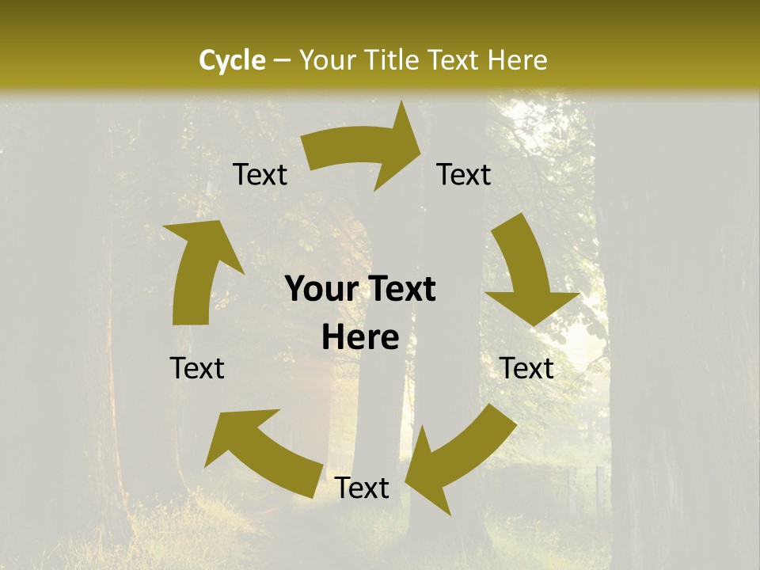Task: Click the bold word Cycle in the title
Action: point(232,60)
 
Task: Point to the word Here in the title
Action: point(517,60)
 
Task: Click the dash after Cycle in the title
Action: point(282,61)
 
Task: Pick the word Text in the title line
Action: point(455,60)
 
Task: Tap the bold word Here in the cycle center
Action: point(360,338)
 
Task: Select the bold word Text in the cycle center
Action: point(399,290)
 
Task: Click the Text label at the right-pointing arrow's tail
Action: point(260,175)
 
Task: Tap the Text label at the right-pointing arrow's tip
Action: point(464,175)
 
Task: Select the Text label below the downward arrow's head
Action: point(526,368)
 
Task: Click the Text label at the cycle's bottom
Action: point(362,488)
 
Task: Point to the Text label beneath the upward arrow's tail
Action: point(197,368)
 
